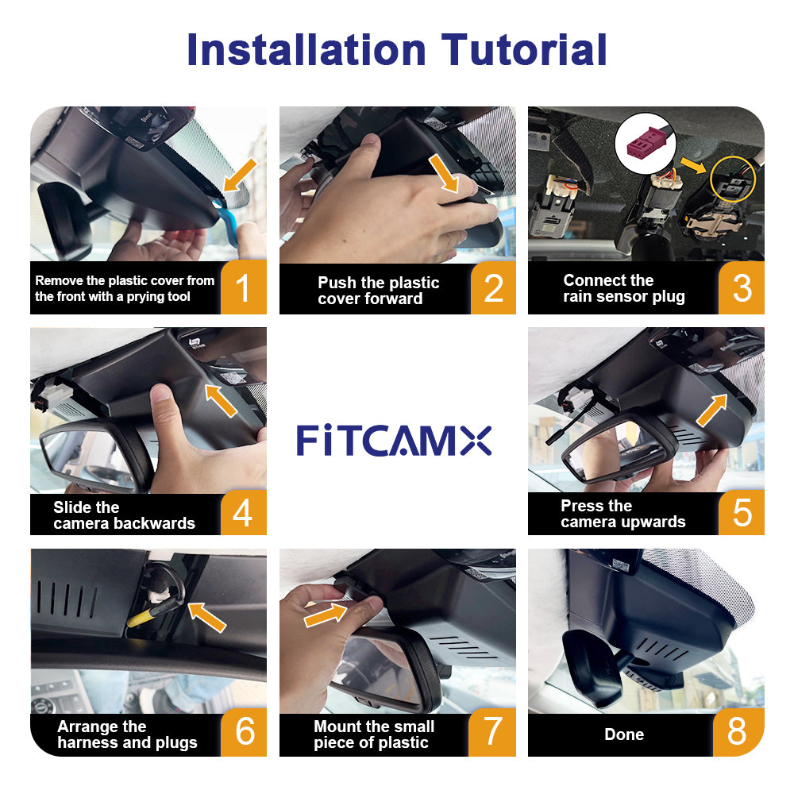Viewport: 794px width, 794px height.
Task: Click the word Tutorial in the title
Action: tap(524, 49)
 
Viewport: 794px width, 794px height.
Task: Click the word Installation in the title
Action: tap(306, 49)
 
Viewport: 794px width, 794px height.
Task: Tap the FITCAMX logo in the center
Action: tap(394, 441)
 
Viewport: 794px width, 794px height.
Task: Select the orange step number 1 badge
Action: tap(244, 287)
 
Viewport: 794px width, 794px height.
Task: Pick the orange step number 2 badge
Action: tap(493, 287)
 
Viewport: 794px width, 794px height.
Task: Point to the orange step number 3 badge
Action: tap(742, 287)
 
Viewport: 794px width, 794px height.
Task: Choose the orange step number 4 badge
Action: tap(244, 512)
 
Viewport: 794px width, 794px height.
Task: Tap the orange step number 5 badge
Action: tap(742, 512)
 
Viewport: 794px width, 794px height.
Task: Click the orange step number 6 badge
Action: tap(244, 732)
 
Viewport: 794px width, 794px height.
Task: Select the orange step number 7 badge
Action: tap(492, 732)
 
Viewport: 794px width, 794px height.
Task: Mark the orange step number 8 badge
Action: tap(738, 732)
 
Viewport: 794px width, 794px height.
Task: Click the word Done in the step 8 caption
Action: tap(624, 734)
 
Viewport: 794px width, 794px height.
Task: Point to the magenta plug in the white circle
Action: tap(644, 143)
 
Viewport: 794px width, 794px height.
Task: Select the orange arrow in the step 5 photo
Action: tap(712, 410)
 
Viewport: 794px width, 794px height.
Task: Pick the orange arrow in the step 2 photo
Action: tap(444, 174)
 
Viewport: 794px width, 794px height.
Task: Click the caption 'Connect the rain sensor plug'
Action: tap(624, 288)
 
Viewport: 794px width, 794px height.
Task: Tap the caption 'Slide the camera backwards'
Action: tap(124, 515)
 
